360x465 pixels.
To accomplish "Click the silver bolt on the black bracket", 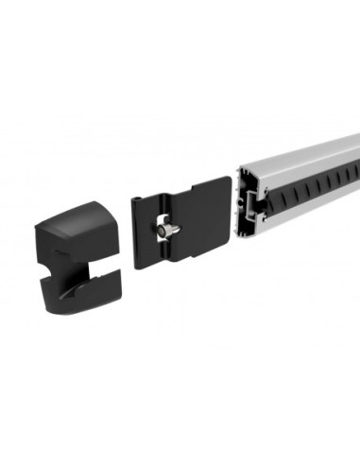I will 167,229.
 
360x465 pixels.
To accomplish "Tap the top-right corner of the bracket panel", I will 228,181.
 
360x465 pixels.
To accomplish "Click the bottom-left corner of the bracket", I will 138,267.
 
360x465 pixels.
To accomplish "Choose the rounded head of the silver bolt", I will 162,230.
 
